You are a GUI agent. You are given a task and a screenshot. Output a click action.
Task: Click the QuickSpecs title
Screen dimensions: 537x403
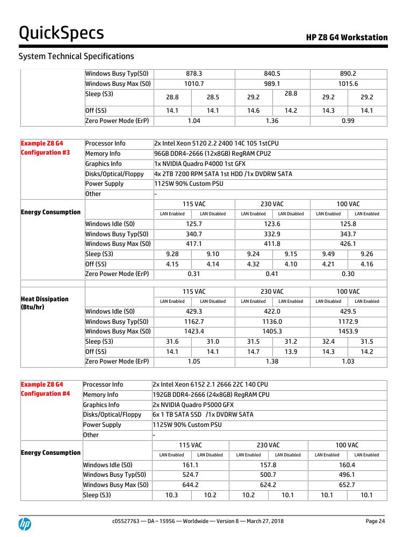pyautogui.click(x=61, y=33)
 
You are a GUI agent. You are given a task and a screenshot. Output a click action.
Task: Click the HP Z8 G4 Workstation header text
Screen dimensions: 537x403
pyautogui.click(x=347, y=37)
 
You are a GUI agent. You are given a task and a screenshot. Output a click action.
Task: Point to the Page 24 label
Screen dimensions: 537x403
pyautogui.click(x=375, y=521)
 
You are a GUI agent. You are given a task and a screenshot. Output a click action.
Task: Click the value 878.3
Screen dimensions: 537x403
pyautogui.click(x=193, y=74)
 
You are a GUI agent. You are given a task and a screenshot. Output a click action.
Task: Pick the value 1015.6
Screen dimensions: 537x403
pyautogui.click(x=348, y=84)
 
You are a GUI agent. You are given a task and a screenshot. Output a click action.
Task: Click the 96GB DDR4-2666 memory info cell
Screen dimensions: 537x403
pyautogui.click(x=212, y=154)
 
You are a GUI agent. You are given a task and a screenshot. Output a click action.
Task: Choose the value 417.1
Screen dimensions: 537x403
pyautogui.click(x=193, y=244)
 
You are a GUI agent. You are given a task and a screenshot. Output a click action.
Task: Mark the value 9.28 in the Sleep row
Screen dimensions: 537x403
pyautogui.click(x=172, y=254)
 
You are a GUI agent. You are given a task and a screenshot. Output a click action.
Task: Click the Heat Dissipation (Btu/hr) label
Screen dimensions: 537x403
pyautogui.click(x=45, y=303)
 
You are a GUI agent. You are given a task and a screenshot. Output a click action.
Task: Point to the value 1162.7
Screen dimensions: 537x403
pyautogui.click(x=193, y=322)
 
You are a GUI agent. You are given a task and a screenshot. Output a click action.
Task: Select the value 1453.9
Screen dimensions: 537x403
pyautogui.click(x=348, y=331)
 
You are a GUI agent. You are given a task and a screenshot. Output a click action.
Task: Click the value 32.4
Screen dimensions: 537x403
pyautogui.click(x=328, y=342)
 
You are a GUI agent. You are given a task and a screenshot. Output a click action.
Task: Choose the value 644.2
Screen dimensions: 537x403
pyautogui.click(x=190, y=485)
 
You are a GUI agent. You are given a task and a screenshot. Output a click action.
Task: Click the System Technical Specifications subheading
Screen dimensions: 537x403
pyautogui.click(x=76, y=56)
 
